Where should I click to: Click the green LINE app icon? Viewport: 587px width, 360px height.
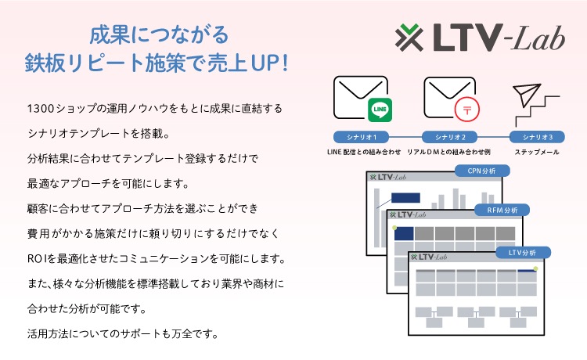coord(380,110)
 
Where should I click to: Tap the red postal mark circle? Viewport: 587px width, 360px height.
coord(466,110)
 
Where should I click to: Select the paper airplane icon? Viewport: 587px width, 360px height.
coord(527,95)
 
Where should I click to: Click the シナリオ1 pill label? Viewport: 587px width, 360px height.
coord(361,137)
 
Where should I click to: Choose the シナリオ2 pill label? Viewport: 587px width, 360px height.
coord(449,137)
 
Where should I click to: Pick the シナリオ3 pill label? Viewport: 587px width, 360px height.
coord(537,137)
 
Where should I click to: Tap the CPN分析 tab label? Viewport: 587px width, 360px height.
coord(482,171)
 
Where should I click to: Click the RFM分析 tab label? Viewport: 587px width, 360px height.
coord(502,210)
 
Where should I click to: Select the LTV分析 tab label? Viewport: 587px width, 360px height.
coord(523,253)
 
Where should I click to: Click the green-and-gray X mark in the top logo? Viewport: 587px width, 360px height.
coord(409,38)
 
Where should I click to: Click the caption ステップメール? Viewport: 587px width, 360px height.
coord(537,152)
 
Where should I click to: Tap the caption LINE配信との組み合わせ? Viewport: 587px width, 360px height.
coord(364,152)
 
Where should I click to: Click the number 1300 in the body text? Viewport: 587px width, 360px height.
coord(36,109)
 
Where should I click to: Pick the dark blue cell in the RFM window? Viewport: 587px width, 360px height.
coord(404,233)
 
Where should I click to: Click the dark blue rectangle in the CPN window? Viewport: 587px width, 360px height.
coord(405,197)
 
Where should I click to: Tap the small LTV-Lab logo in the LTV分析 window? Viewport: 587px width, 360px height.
coord(429,257)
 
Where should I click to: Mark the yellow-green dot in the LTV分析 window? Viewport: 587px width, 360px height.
coord(535,268)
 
